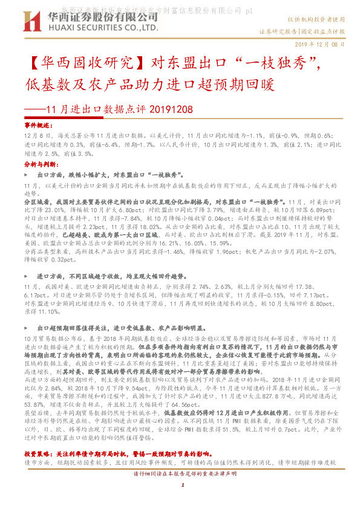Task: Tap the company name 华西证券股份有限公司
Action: [100, 16]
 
